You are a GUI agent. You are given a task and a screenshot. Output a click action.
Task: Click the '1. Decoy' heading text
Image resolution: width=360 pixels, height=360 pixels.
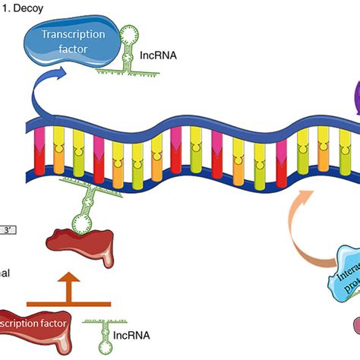coord(22,7)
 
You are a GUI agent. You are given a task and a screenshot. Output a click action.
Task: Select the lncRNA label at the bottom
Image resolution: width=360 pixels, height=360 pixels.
coord(134,335)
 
